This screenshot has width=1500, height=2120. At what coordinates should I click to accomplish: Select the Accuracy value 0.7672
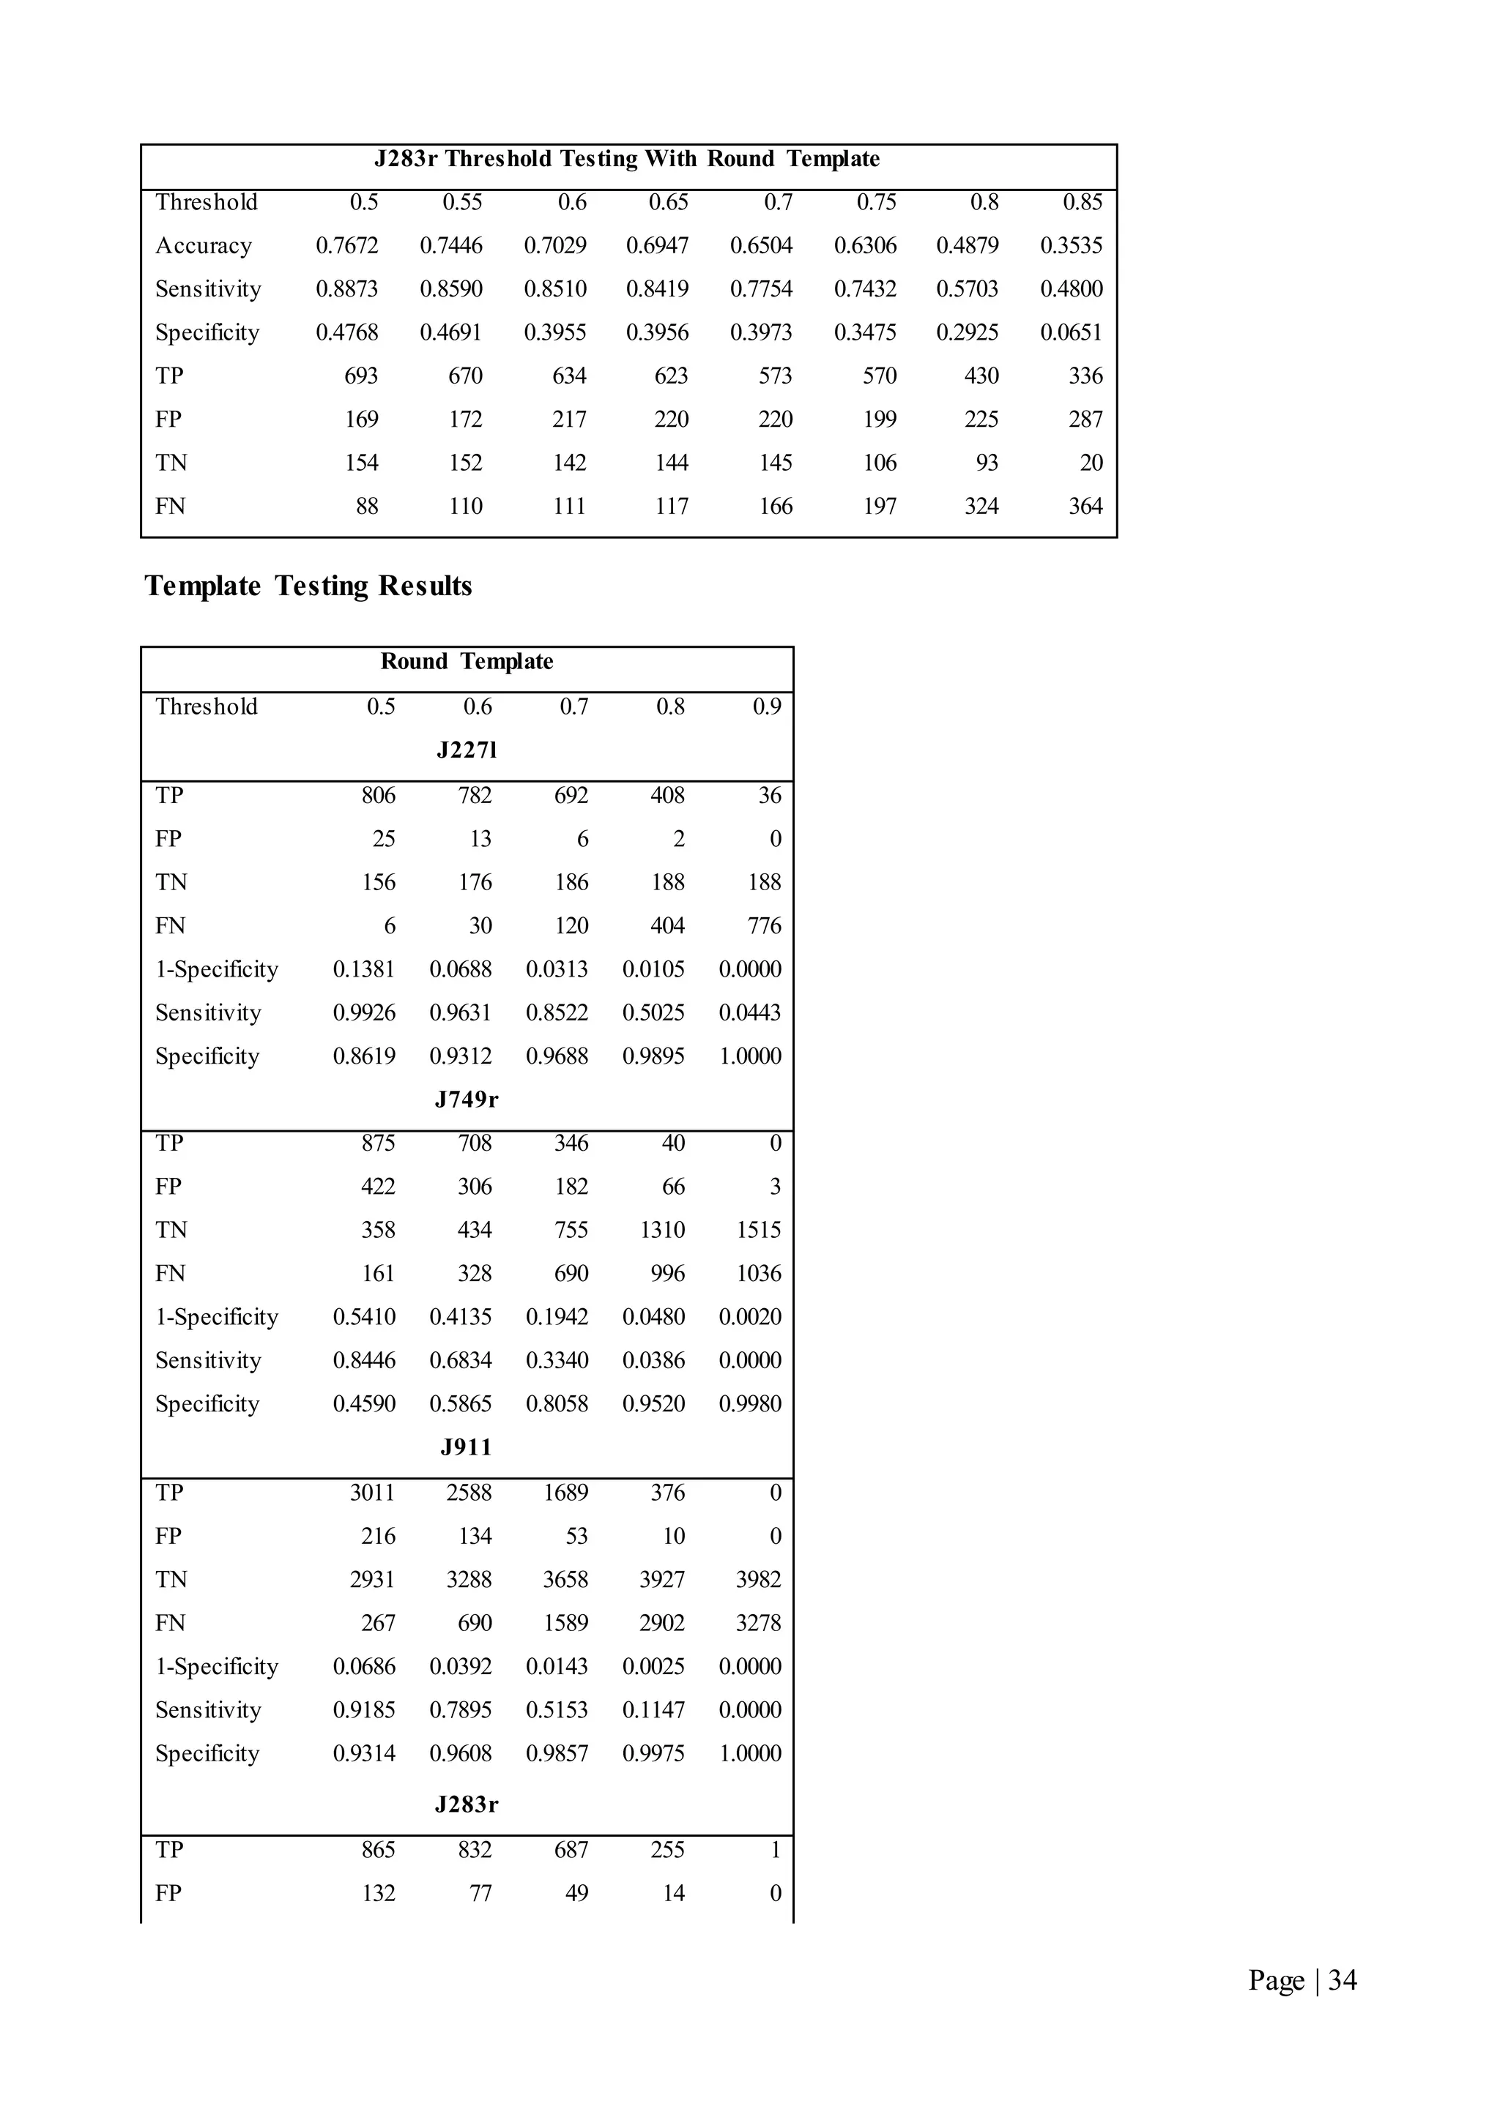point(346,246)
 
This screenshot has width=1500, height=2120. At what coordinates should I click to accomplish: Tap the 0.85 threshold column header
point(1082,202)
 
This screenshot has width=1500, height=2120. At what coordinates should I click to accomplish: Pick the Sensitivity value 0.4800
point(1071,289)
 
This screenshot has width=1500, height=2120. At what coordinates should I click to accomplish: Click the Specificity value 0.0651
point(1071,332)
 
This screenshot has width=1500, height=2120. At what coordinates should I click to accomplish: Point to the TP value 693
point(360,376)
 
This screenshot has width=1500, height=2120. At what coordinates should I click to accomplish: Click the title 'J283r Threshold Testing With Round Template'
point(626,159)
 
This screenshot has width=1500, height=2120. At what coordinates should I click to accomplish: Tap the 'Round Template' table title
point(467,661)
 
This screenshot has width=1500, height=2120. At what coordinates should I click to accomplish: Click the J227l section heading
point(467,750)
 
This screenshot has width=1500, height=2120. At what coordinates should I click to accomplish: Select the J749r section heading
point(467,1099)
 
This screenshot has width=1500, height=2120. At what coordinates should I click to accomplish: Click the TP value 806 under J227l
point(378,795)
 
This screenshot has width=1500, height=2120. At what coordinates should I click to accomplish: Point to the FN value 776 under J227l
point(764,925)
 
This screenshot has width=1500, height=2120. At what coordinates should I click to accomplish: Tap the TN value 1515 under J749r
point(758,1230)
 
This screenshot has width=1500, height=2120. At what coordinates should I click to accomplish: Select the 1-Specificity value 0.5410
point(364,1317)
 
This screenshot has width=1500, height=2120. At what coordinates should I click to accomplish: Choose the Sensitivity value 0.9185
point(364,1709)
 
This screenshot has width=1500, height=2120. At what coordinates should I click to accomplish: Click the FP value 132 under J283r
point(378,1893)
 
